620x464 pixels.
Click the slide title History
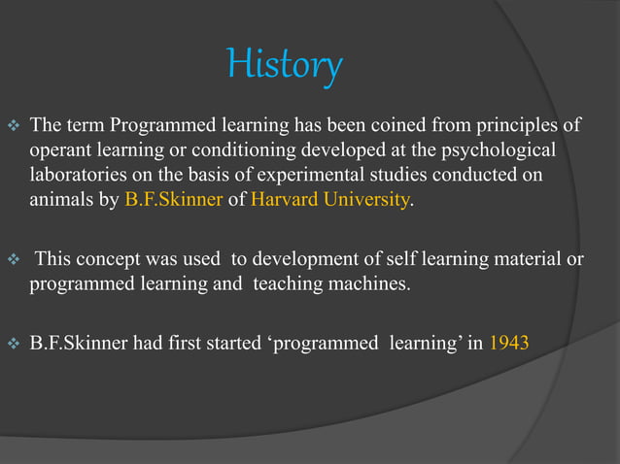(x=285, y=66)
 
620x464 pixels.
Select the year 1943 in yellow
(x=510, y=343)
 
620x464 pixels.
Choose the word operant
(x=60, y=151)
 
